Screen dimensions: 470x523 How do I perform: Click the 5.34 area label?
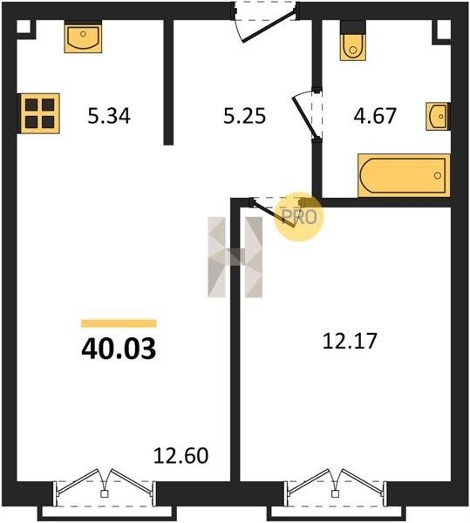[109, 116]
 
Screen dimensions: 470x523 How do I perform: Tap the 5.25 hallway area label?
[244, 116]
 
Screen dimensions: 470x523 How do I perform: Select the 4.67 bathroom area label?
[375, 116]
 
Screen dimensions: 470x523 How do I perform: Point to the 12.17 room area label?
[350, 341]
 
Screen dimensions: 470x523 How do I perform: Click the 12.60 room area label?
[181, 456]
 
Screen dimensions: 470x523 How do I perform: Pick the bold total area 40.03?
[119, 349]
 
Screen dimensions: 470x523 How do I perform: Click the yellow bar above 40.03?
[119, 323]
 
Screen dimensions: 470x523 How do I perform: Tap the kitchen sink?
[83, 37]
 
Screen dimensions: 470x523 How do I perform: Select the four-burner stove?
[39, 113]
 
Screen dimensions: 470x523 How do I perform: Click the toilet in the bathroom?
[353, 41]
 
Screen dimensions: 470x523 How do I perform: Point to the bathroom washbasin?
[438, 116]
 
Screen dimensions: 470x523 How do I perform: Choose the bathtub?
[404, 175]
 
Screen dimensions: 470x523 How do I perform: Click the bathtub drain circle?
[438, 175]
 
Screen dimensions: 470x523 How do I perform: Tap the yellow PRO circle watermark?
[299, 217]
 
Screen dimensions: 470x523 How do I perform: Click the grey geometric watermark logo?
[235, 257]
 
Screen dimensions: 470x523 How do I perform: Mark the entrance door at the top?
[265, 22]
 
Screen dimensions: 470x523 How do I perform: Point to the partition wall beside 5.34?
[168, 83]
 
